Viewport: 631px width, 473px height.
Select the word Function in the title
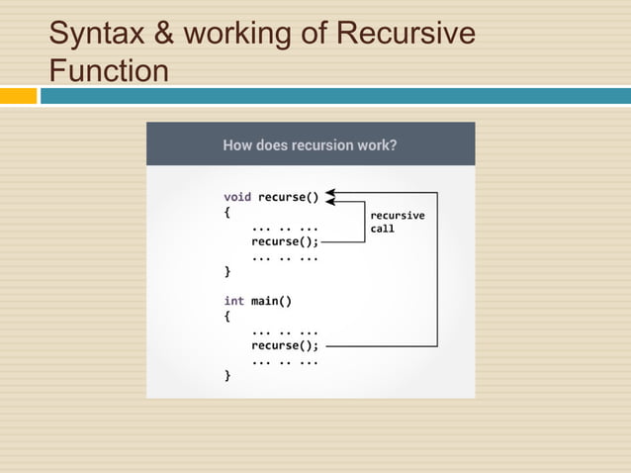(109, 72)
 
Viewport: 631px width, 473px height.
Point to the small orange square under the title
(18, 96)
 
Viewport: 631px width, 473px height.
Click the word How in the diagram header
(238, 144)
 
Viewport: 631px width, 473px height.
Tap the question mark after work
(393, 144)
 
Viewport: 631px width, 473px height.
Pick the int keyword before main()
(233, 301)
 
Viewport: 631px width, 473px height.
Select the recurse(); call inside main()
(285, 345)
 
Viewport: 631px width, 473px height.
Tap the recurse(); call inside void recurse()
(285, 239)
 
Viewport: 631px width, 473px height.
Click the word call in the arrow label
(382, 229)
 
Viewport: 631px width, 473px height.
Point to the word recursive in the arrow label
(397, 215)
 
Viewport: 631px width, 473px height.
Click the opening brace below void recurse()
(227, 211)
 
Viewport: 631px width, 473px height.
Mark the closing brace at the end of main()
(227, 376)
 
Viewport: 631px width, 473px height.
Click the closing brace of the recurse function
(227, 270)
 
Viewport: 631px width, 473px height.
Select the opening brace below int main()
(227, 317)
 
